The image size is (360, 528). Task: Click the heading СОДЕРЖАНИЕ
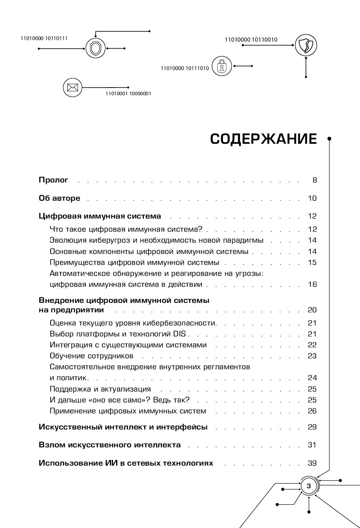(263, 139)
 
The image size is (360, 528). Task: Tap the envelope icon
(72, 87)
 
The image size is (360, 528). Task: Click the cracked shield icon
(306, 46)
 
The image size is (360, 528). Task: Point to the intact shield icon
(95, 48)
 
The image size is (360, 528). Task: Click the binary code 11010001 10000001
(128, 93)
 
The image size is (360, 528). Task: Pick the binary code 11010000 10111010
(185, 68)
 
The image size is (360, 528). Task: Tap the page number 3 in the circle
(309, 486)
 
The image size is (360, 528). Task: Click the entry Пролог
(54, 180)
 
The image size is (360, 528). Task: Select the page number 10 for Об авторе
(312, 198)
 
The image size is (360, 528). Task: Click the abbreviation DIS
(179, 334)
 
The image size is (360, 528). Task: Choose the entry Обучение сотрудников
(91, 356)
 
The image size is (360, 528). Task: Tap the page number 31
(312, 445)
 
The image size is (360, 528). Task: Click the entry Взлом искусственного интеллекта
(110, 445)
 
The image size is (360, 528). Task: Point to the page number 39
(312, 463)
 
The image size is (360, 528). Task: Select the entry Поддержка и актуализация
(100, 389)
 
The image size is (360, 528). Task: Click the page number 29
(312, 427)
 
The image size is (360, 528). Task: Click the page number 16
(312, 284)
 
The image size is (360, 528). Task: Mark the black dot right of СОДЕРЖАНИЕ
(329, 139)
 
